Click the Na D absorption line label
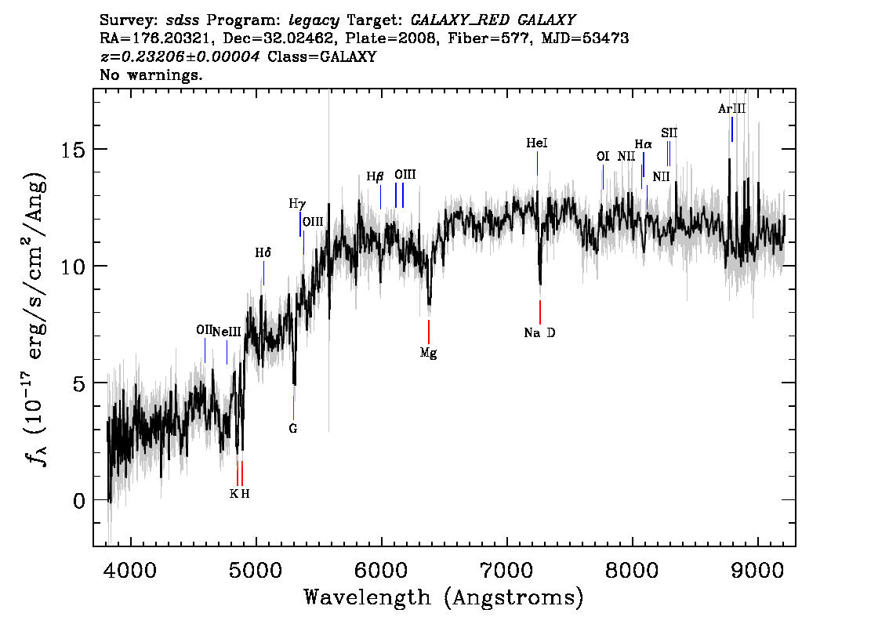click(x=539, y=333)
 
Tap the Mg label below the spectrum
click(x=428, y=354)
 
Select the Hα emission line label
click(x=643, y=144)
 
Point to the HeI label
click(x=536, y=143)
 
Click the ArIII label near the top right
click(x=731, y=109)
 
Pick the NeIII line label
click(x=227, y=332)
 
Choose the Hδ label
click(x=263, y=253)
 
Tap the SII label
click(x=669, y=133)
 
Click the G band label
click(x=293, y=429)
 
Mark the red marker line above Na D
click(x=539, y=312)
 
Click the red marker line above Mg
click(x=429, y=332)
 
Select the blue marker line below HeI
click(x=537, y=164)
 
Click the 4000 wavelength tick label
click(x=131, y=571)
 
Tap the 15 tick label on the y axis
click(x=73, y=150)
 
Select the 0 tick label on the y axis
click(x=79, y=501)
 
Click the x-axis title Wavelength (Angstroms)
click(x=444, y=597)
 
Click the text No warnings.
click(x=151, y=74)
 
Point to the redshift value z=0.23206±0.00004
click(x=180, y=56)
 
